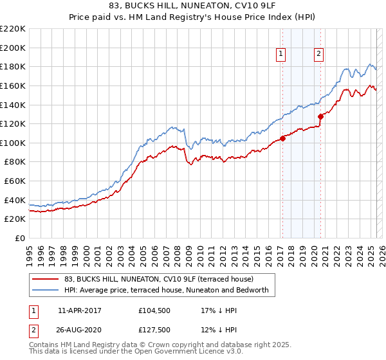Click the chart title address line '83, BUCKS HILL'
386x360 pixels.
(192, 6)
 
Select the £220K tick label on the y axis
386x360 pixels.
(13, 29)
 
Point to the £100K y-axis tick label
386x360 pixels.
(13, 143)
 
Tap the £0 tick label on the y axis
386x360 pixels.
(19, 238)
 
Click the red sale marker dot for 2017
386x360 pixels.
(282, 138)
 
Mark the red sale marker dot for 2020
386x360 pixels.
(320, 116)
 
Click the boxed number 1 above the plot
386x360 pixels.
(282, 55)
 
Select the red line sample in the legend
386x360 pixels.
(44, 279)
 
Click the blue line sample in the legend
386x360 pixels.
(44, 291)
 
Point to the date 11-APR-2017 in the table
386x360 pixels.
(80, 310)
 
